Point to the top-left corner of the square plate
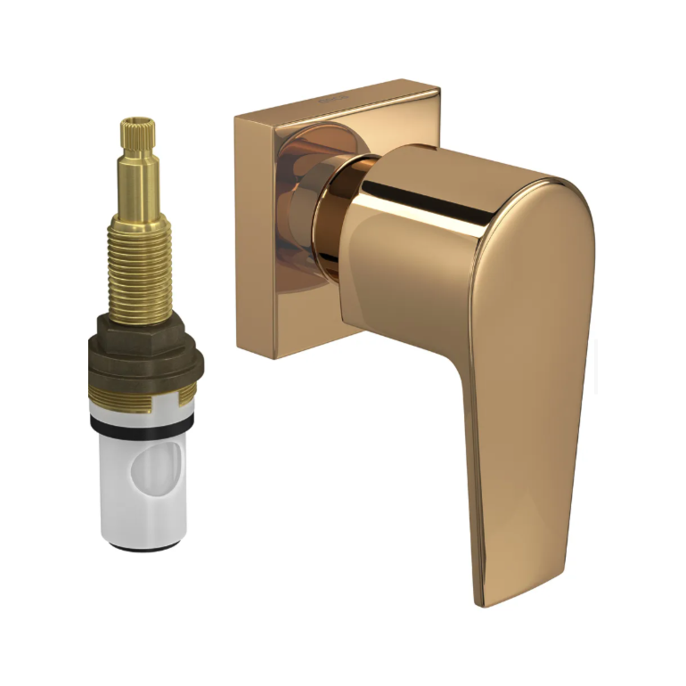click(x=237, y=115)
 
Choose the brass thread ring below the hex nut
click(x=143, y=401)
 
